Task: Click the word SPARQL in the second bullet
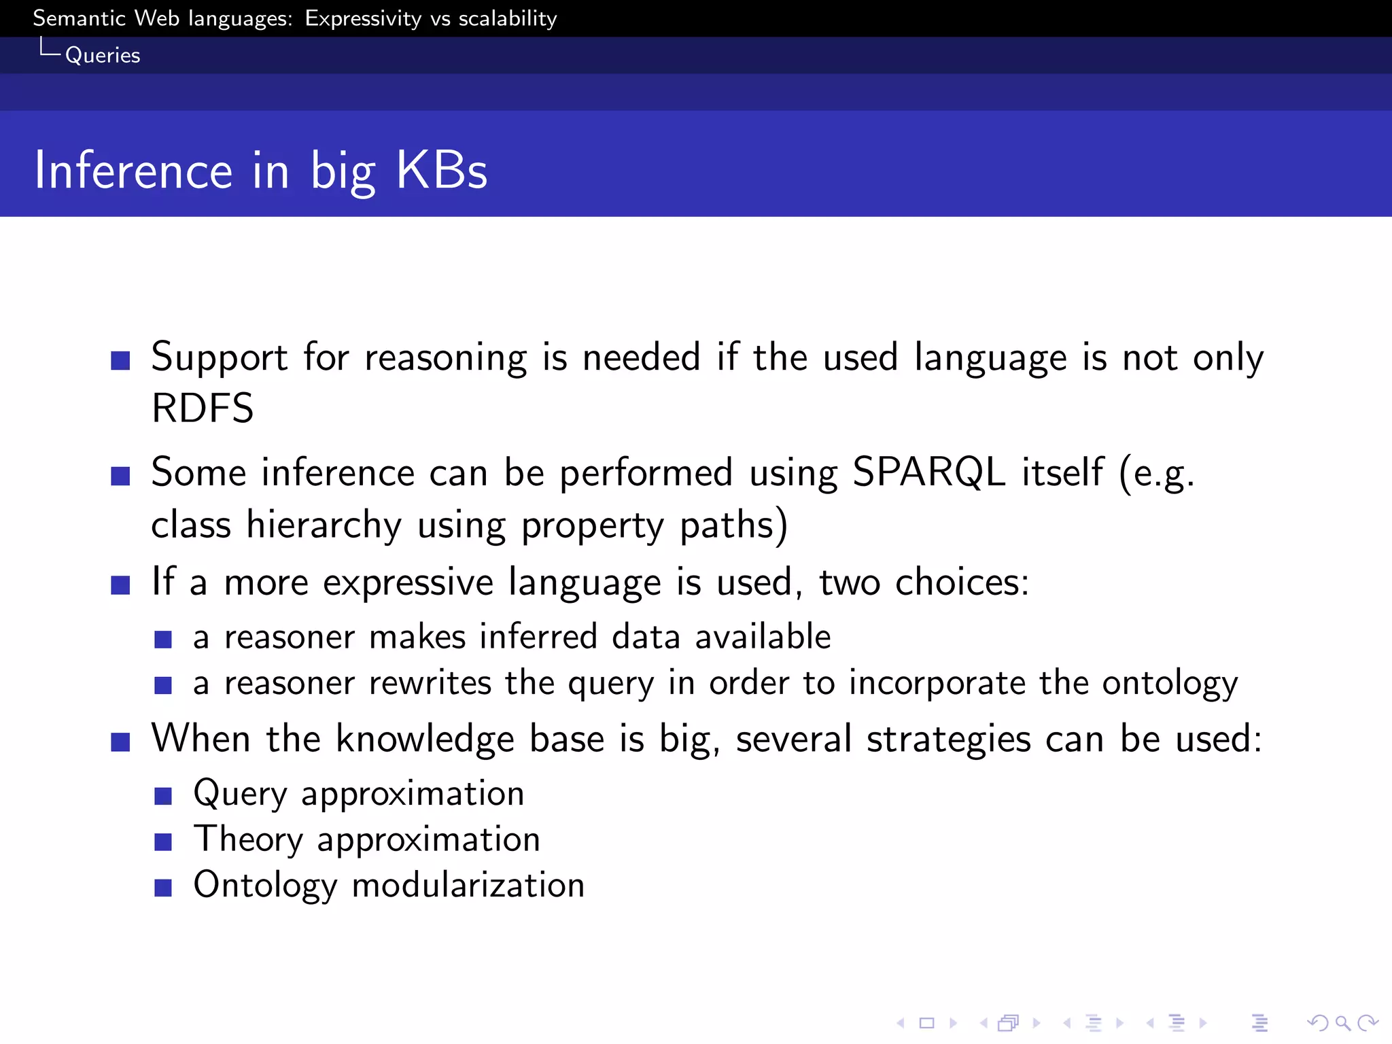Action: (928, 472)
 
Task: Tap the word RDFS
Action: (203, 408)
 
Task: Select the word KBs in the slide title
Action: (441, 170)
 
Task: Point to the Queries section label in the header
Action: (103, 55)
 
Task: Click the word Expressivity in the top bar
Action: (363, 18)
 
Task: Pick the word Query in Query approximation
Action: (241, 794)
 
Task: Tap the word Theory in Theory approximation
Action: (248, 839)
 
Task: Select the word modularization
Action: (468, 885)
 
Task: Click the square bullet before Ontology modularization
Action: (163, 888)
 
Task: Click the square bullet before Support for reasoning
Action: (120, 360)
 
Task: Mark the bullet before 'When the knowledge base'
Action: (120, 742)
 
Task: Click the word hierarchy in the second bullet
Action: (324, 525)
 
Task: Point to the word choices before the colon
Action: (957, 582)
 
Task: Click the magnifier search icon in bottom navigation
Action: (1342, 1022)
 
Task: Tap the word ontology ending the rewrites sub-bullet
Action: (1170, 683)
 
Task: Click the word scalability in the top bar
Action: (508, 18)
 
